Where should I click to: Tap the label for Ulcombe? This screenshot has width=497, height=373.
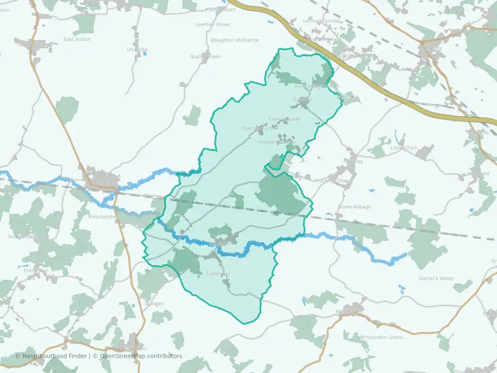(x=137, y=50)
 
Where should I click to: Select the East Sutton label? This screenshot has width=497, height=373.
(x=77, y=39)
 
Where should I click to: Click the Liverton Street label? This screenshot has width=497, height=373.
(x=212, y=24)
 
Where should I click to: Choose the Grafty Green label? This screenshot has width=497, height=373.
(x=205, y=56)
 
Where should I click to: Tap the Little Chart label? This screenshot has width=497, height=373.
(x=403, y=148)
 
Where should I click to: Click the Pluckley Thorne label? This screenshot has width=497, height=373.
(x=333, y=181)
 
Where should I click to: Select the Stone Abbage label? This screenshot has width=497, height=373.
(x=355, y=207)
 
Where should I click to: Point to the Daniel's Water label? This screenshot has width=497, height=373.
(x=436, y=278)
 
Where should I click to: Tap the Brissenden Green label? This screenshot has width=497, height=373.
(x=381, y=337)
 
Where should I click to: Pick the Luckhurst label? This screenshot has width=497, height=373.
(x=218, y=274)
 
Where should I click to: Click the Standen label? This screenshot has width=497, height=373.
(x=154, y=304)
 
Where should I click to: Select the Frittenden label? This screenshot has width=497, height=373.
(x=36, y=270)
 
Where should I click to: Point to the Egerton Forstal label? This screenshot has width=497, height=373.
(x=260, y=128)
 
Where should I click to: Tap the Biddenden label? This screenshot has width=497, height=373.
(x=134, y=348)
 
